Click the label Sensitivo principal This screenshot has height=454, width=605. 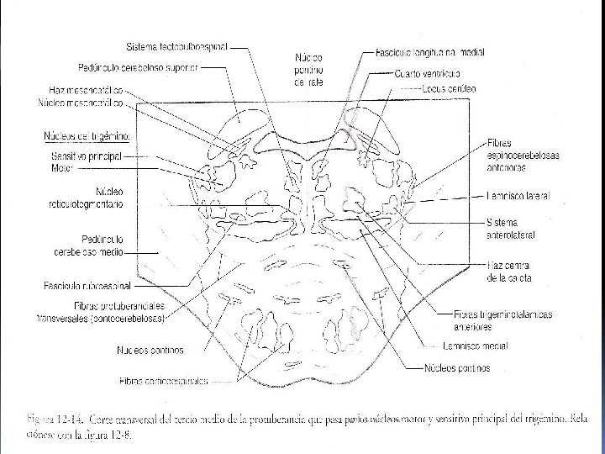click(87, 156)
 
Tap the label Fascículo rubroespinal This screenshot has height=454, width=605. click(92, 287)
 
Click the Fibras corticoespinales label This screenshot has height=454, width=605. click(163, 381)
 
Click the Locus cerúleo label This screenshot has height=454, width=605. click(450, 88)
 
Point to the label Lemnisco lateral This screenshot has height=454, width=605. click(517, 196)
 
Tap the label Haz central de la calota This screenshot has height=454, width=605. click(509, 272)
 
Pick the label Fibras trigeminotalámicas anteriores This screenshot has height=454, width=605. click(502, 319)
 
